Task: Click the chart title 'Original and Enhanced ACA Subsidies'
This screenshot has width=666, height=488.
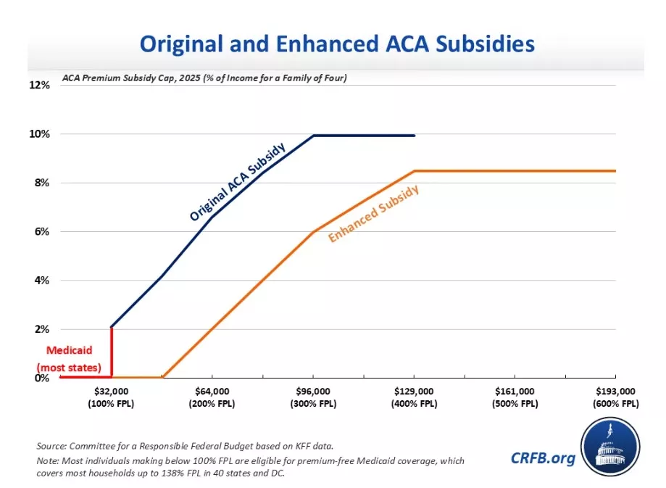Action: click(x=337, y=44)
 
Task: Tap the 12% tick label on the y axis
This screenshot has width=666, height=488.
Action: click(x=40, y=86)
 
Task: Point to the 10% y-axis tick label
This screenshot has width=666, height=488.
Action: click(x=40, y=134)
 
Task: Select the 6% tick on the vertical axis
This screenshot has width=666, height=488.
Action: click(x=41, y=232)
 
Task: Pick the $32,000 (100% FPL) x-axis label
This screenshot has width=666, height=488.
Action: click(x=112, y=397)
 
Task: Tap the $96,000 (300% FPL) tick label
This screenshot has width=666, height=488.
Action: click(x=312, y=397)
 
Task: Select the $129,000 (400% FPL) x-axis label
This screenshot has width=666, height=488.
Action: click(x=414, y=397)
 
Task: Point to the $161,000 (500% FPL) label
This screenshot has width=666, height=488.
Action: click(x=515, y=397)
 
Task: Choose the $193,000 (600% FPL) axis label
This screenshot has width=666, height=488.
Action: click(x=615, y=397)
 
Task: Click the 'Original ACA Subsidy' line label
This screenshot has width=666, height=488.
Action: click(x=237, y=182)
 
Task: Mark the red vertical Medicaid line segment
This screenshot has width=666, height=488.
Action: click(x=111, y=352)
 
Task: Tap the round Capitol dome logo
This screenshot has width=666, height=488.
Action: click(x=610, y=449)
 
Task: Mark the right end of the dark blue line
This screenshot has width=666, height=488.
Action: click(x=414, y=136)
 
